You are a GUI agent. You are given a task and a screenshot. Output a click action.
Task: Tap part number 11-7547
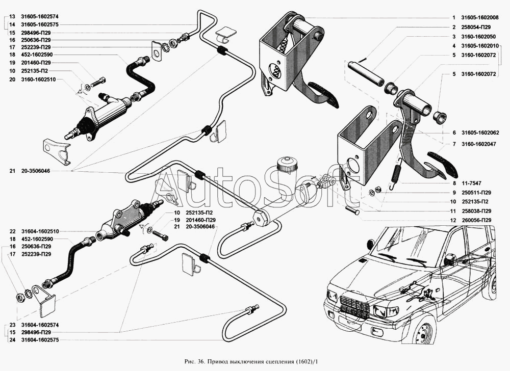click(471, 183)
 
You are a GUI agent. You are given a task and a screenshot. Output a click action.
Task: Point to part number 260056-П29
click(476, 220)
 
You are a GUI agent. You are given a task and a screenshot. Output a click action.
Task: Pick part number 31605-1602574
click(40, 16)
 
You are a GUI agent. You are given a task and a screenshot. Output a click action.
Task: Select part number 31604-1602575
click(40, 340)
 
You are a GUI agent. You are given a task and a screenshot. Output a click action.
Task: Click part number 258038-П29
click(476, 211)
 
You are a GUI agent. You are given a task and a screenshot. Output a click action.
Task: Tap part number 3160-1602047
click(479, 144)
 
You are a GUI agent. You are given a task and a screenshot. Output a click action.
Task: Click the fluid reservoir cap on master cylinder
click(287, 163)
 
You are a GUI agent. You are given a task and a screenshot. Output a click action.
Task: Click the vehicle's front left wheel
click(422, 329)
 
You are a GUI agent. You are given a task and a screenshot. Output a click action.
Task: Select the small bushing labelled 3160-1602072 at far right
click(440, 117)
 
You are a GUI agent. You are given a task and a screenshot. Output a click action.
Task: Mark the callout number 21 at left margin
click(12, 171)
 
